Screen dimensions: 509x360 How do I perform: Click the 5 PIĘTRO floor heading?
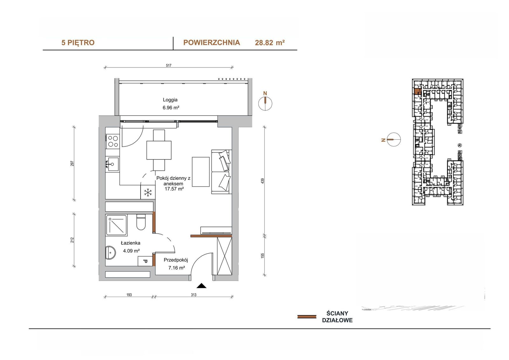click(78, 43)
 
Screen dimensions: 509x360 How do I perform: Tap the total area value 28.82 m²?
click(270, 43)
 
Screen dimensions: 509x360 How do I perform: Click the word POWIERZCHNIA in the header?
click(212, 43)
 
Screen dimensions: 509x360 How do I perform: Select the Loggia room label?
click(170, 100)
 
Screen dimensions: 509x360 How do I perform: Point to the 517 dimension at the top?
click(169, 66)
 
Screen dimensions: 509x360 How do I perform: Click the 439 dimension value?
click(263, 181)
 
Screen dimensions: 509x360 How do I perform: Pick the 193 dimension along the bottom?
click(129, 295)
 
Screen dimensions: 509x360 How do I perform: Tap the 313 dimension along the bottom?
click(194, 295)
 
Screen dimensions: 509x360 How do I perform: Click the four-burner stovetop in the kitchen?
click(113, 141)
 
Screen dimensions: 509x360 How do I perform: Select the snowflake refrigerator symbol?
click(148, 193)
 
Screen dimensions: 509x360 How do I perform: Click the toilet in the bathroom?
click(141, 222)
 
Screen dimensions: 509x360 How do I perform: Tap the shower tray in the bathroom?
click(116, 225)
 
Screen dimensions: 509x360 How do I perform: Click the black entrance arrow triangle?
click(201, 286)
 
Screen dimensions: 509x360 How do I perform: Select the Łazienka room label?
click(131, 243)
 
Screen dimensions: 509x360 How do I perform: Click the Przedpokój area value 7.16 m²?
click(177, 268)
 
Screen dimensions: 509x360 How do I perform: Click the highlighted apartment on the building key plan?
click(417, 91)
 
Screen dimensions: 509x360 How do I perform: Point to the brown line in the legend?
click(307, 317)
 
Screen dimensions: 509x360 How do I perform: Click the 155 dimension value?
click(263, 256)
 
